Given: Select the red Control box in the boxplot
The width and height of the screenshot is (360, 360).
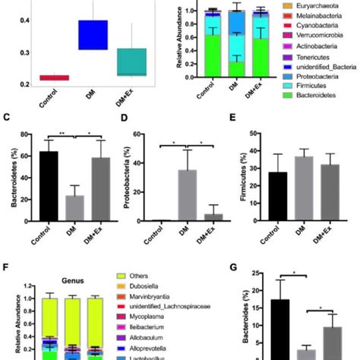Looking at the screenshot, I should pyautogui.click(x=54, y=77).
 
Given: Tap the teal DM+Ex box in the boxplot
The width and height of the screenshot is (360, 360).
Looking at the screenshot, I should pyautogui.click(x=131, y=62).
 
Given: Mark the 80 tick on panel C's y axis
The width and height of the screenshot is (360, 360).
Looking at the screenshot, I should pyautogui.click(x=27, y=135).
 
